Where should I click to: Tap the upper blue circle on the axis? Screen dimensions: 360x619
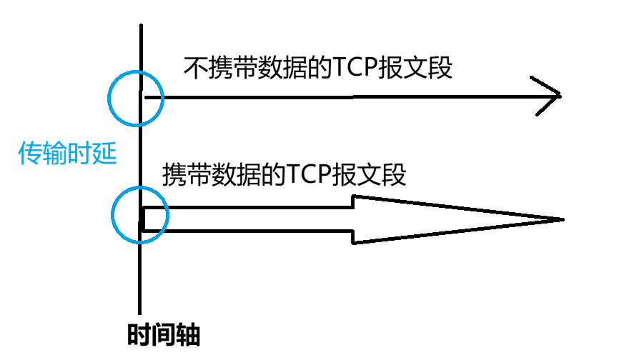click(136, 98)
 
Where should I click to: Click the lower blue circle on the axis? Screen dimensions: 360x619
click(140, 214)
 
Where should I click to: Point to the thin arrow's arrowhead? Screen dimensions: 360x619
click(550, 96)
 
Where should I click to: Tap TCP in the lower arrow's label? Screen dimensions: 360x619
click(312, 174)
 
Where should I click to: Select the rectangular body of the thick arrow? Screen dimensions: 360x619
click(250, 219)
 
